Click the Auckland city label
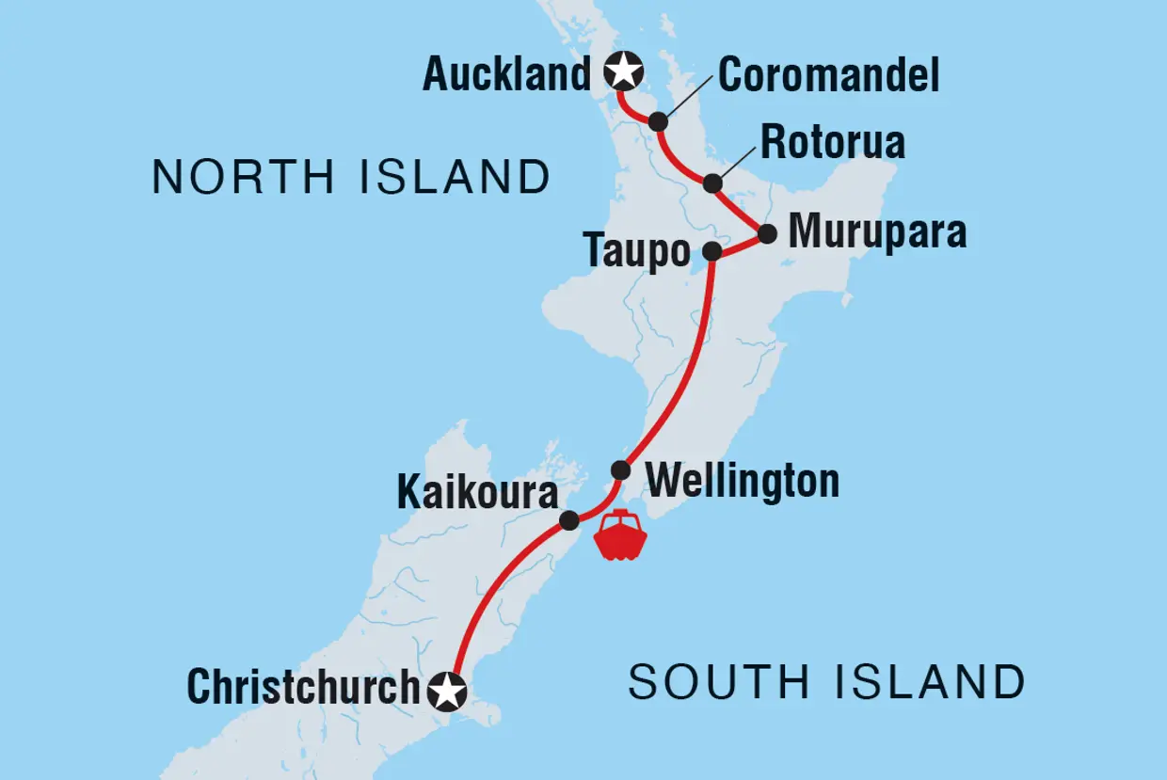pyautogui.click(x=506, y=74)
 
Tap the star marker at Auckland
pyautogui.click(x=623, y=70)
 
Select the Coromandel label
pyautogui.click(x=828, y=76)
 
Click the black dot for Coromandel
pyautogui.click(x=659, y=121)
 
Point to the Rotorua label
pyautogui.click(x=833, y=143)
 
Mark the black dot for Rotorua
pyautogui.click(x=713, y=183)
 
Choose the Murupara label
pyautogui.click(x=877, y=231)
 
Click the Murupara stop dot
pyautogui.click(x=767, y=233)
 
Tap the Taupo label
pyautogui.click(x=636, y=251)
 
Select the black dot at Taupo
pyautogui.click(x=712, y=251)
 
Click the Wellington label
pyautogui.click(x=743, y=482)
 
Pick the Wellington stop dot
pyautogui.click(x=620, y=470)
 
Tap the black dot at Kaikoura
pyautogui.click(x=569, y=520)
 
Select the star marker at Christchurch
pyautogui.click(x=446, y=692)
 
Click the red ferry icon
pyautogui.click(x=620, y=535)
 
